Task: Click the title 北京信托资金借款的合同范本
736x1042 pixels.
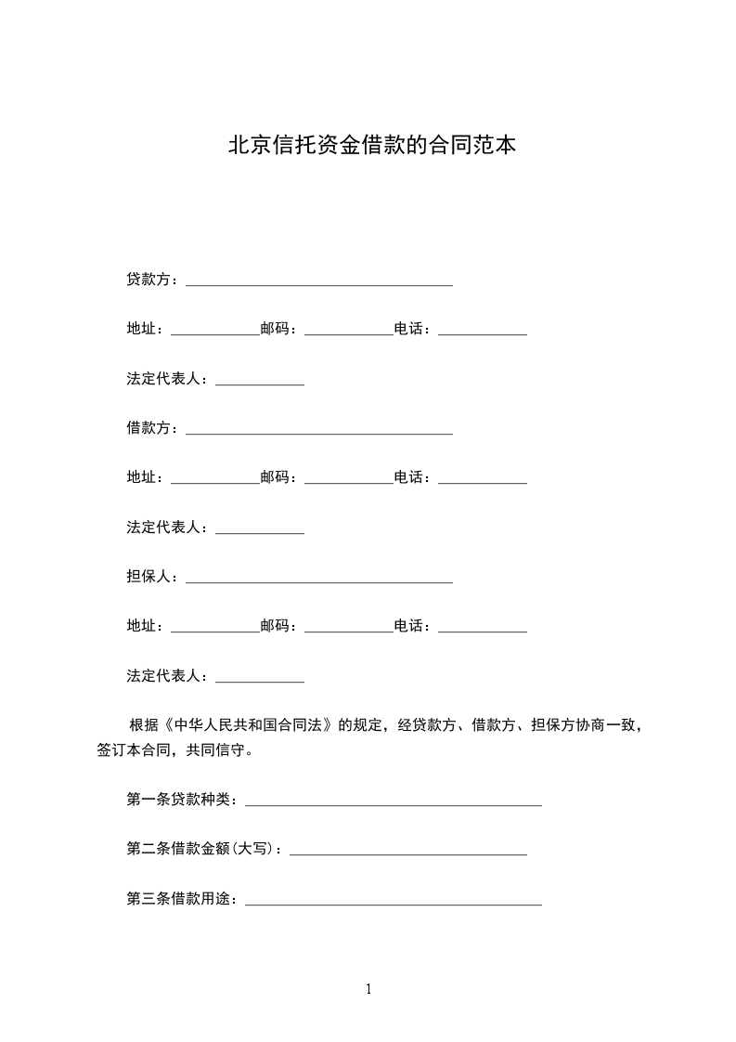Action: point(371,146)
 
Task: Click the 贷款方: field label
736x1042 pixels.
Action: point(153,279)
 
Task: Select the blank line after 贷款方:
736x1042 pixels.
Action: point(319,282)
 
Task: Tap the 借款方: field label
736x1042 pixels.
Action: point(153,427)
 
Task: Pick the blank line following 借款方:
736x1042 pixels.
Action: point(319,431)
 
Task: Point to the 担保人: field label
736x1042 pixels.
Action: point(153,576)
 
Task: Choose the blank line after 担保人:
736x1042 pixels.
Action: point(319,580)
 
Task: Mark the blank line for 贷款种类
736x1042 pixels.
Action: point(393,802)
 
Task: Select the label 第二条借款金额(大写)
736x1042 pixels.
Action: point(206,849)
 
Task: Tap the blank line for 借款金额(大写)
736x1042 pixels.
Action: point(408,853)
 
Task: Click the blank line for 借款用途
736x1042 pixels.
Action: point(393,903)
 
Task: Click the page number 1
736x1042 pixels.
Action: point(368,989)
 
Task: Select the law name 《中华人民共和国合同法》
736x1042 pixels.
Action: point(249,725)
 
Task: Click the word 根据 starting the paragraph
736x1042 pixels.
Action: point(142,725)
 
